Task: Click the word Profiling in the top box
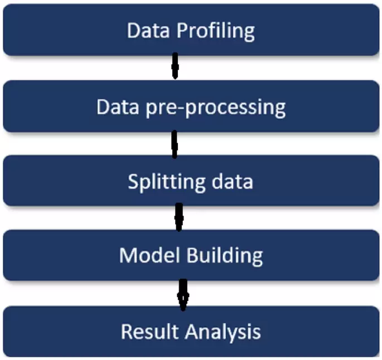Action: (216, 32)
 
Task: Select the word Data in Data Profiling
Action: (148, 31)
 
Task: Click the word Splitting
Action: (167, 182)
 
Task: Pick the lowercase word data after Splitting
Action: (233, 181)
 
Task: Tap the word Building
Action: (225, 256)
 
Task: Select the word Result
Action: (150, 331)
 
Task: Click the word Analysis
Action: (223, 333)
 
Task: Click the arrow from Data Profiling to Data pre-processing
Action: (175, 66)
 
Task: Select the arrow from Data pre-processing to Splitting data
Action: (175, 144)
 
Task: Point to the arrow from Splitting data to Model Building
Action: (179, 217)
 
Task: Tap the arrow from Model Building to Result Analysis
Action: (183, 295)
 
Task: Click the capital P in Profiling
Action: (182, 31)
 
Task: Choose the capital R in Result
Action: (127, 332)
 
